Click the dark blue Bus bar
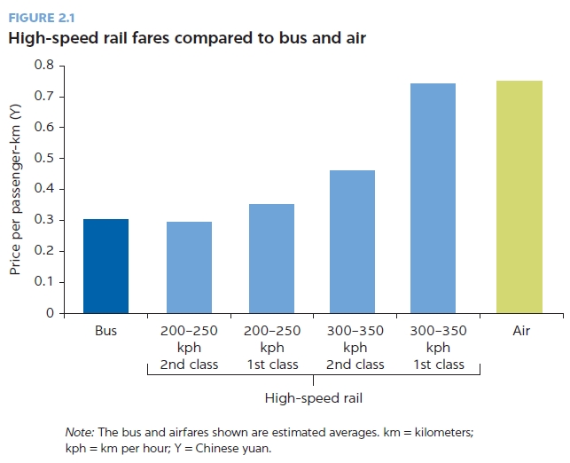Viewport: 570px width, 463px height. tap(105, 266)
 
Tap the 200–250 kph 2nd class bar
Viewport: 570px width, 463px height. tap(189, 268)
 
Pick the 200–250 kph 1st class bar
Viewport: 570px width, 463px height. tap(271, 259)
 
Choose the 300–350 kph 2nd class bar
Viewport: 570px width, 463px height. tap(352, 241)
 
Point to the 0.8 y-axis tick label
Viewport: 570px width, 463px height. tap(44, 66)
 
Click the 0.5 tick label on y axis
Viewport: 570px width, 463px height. tap(44, 159)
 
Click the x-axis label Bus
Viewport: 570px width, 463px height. tap(105, 332)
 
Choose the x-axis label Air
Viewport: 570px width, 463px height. tap(521, 332)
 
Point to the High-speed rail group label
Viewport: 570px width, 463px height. tap(312, 397)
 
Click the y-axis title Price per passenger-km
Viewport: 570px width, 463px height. tap(16, 189)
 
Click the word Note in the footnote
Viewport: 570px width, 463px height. tap(80, 432)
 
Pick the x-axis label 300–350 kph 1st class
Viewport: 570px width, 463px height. tap(438, 348)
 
